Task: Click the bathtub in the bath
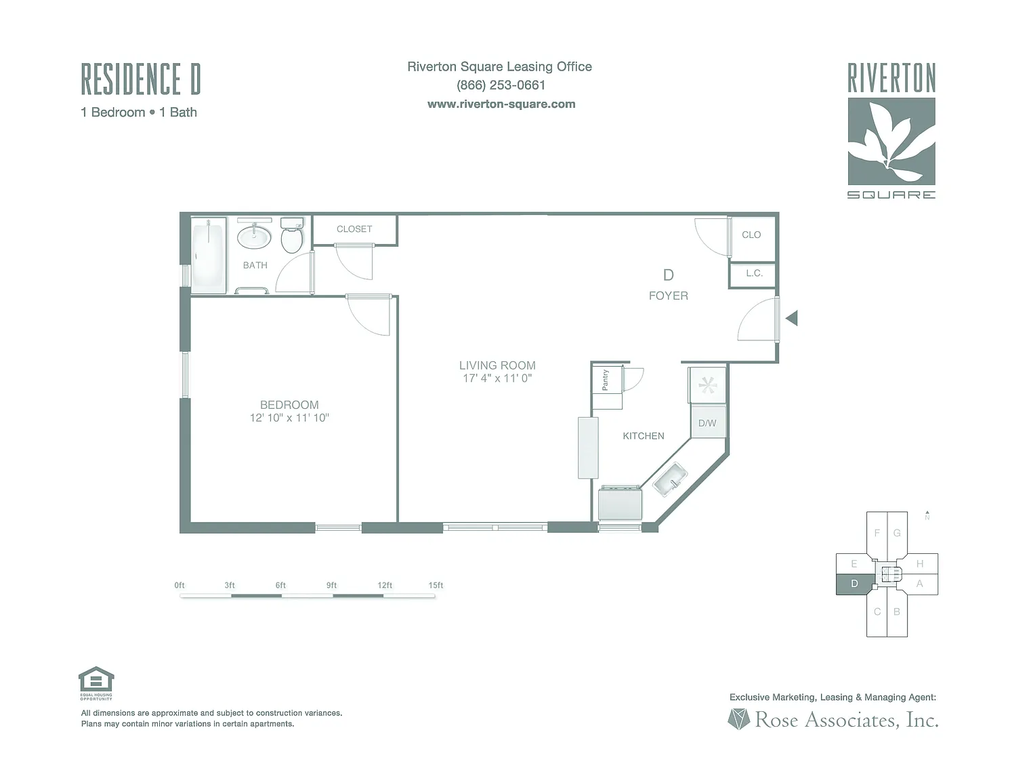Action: click(208, 256)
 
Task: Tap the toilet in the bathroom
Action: click(292, 235)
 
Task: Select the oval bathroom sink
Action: click(254, 237)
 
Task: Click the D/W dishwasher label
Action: click(707, 423)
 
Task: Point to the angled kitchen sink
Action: click(669, 479)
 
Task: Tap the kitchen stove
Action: click(620, 504)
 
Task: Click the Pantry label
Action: click(606, 380)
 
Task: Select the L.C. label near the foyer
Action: click(754, 273)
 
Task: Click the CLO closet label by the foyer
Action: click(751, 235)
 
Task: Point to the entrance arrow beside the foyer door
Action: click(792, 317)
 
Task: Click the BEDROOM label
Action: click(289, 405)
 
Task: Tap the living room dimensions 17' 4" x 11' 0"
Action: click(497, 378)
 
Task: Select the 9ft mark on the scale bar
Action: click(331, 585)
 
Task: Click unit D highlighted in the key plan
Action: click(854, 584)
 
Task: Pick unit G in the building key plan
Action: click(897, 533)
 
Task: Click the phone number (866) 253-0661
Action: click(501, 85)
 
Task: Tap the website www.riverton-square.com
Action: click(501, 104)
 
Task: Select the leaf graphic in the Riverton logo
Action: click(891, 141)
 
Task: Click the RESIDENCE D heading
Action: click(141, 79)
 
